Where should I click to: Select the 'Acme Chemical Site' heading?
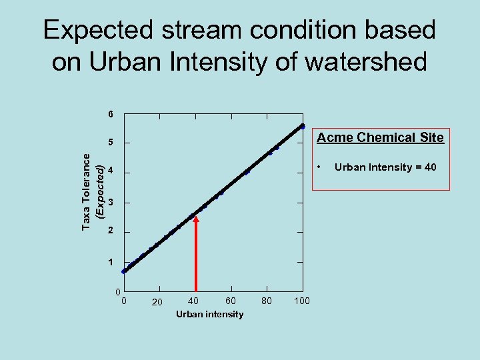pos(380,138)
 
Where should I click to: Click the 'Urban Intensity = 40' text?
pos(385,167)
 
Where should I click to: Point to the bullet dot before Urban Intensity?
pos(320,165)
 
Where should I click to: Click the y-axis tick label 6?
pos(111,114)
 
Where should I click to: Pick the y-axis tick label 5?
pos(111,143)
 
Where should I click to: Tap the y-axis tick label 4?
pos(111,172)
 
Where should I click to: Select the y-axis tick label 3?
pos(111,202)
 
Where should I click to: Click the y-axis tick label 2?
pos(111,231)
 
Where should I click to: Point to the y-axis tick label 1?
pos(111,262)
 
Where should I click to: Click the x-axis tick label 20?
pos(157,302)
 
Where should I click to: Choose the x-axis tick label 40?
pos(193,301)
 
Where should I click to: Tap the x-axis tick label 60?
pos(230,301)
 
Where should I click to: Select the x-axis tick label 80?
pos(267,301)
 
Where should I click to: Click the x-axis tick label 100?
pos(302,301)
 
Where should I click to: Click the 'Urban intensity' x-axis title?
pos(210,314)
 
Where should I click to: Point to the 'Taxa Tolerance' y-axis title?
pos(87,192)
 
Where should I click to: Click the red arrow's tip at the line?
pos(196,217)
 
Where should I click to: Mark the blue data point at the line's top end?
pos(302,126)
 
